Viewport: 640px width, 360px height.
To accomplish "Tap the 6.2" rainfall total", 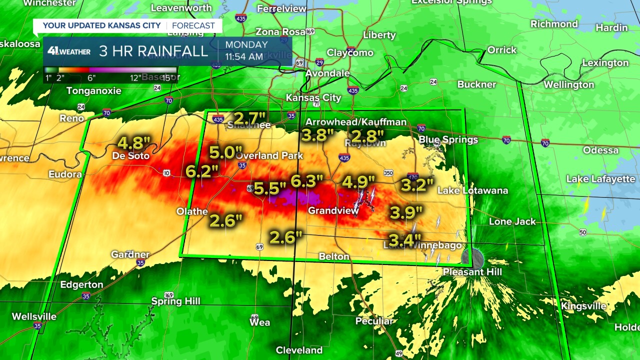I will point(202,171).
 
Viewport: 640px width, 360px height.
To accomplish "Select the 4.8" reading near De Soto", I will point(134,143).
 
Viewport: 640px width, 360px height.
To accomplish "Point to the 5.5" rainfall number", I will point(269,188).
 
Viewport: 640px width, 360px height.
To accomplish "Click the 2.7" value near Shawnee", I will point(249,119).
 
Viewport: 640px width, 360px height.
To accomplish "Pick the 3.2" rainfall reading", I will point(417,185).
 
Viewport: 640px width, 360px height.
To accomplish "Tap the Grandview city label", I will point(333,210).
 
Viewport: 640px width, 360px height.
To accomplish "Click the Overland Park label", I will point(270,155).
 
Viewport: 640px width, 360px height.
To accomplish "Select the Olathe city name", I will point(192,211).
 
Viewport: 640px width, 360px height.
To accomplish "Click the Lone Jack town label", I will point(512,221).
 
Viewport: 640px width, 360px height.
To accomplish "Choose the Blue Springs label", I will point(448,139).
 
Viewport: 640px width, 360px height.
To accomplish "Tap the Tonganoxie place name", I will point(94,91).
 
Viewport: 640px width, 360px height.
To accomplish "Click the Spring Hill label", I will point(175,301).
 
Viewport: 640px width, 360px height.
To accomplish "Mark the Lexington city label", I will point(605,63).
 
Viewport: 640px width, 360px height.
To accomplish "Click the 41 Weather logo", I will point(68,51).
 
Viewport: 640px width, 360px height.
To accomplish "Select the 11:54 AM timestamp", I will point(244,56).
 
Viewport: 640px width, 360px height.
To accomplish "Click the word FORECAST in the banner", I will point(193,25).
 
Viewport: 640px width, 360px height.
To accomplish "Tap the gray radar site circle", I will point(472,258).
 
